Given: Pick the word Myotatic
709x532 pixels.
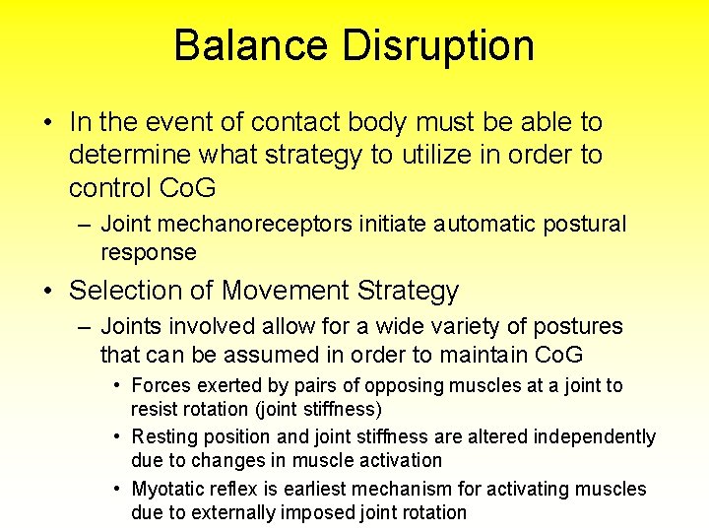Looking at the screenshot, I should point(168,489).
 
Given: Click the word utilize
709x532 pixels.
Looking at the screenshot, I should point(412,155).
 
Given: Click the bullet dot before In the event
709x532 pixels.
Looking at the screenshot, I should point(47,123).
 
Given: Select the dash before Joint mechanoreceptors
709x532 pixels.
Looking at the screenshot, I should point(85,225).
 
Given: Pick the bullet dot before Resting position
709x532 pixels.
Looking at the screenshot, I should point(117,436).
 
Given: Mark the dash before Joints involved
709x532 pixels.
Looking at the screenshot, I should point(85,327).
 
